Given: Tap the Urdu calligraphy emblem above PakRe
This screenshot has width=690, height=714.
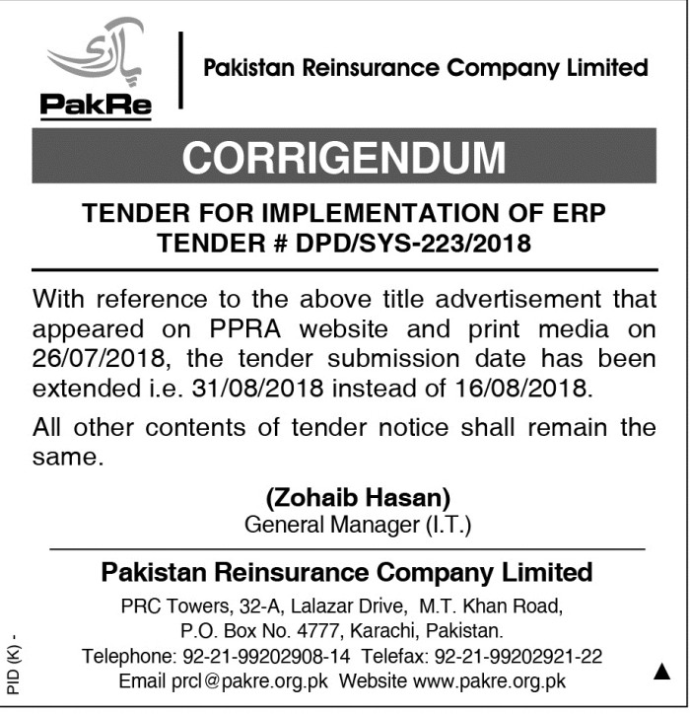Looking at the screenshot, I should [x=97, y=55].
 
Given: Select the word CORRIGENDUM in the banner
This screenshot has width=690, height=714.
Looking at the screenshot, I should [x=344, y=157].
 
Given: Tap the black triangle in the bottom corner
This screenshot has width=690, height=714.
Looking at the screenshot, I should [x=661, y=673].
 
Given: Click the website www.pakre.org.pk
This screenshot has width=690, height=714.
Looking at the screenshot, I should [x=489, y=681].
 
